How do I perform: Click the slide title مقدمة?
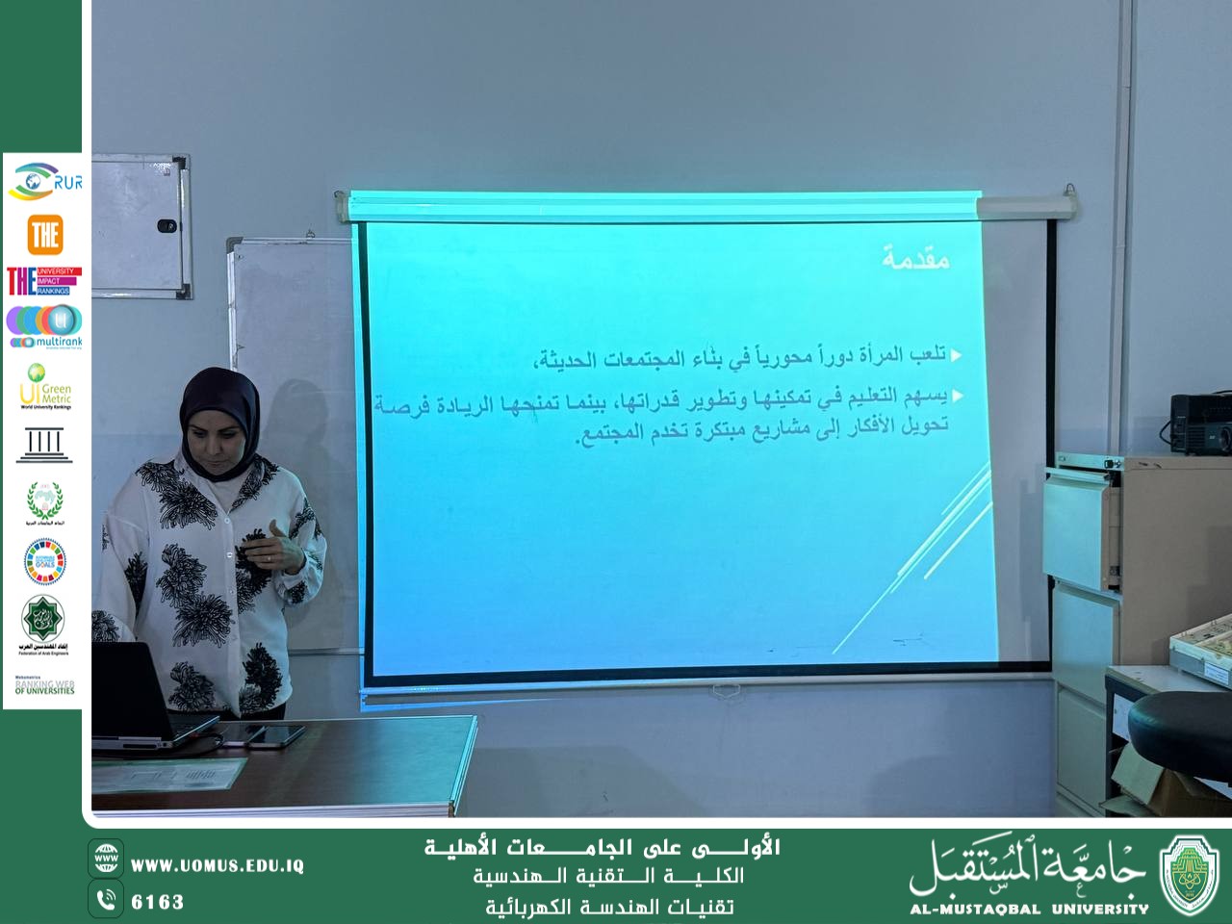[x=915, y=258]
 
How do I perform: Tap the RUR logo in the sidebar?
[x=45, y=181]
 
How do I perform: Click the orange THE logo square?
[x=44, y=234]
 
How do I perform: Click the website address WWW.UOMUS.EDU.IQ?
[x=218, y=865]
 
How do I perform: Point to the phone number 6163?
[x=157, y=902]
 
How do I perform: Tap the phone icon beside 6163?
[x=106, y=900]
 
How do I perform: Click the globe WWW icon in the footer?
[x=106, y=857]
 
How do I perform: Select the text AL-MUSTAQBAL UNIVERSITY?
[x=1029, y=908]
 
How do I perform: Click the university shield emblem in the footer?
[x=1190, y=874]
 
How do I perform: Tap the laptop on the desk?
[x=135, y=693]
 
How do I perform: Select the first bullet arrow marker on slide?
[x=956, y=355]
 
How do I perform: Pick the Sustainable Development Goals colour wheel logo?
[x=44, y=560]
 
